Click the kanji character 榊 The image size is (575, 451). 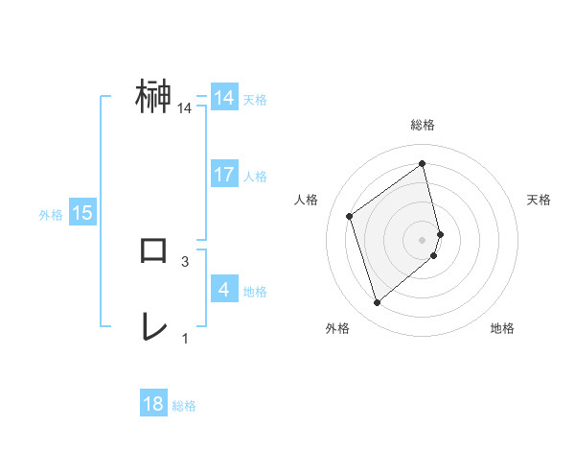click(154, 97)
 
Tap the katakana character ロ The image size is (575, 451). click(154, 250)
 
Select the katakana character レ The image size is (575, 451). click(154, 327)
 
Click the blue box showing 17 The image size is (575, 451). click(224, 175)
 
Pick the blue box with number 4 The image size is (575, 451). click(224, 290)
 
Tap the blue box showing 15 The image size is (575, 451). click(82, 213)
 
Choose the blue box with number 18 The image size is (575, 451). click(153, 404)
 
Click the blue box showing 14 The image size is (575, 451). click(224, 98)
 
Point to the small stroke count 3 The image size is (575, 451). click(185, 261)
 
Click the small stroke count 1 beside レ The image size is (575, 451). click(185, 338)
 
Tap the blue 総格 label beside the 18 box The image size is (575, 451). click(184, 406)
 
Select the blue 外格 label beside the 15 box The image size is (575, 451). click(51, 215)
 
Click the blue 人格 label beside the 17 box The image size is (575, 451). click(256, 177)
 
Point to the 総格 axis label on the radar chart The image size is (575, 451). click(423, 125)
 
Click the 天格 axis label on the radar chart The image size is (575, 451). click(540, 200)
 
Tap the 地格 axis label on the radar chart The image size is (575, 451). click(502, 328)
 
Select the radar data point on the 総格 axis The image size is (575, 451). click(423, 164)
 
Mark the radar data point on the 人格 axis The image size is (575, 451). click(350, 216)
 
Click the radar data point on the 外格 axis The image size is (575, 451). click(378, 303)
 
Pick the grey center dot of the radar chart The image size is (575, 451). click(423, 239)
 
